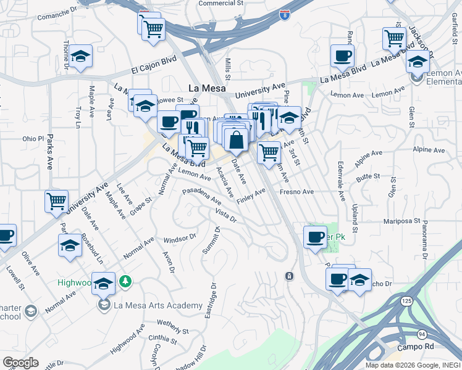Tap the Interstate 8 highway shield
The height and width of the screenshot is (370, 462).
(285, 14)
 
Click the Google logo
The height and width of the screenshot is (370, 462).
(20, 363)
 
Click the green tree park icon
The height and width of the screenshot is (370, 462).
(125, 282)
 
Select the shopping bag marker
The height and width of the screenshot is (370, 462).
(236, 140)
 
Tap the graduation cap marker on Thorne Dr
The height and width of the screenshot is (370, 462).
(80, 57)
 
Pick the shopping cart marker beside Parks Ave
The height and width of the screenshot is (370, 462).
(56, 201)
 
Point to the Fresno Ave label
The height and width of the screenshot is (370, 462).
(296, 192)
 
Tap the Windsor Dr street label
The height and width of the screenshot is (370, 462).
(180, 237)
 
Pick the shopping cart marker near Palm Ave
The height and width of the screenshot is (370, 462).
(269, 152)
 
